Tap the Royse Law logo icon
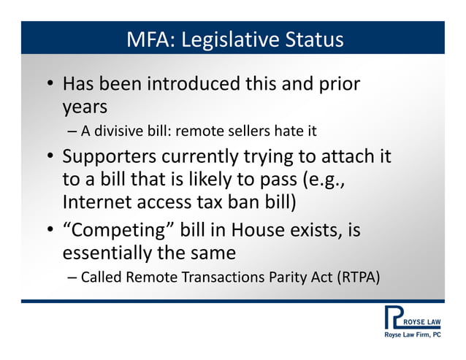point(392,318)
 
